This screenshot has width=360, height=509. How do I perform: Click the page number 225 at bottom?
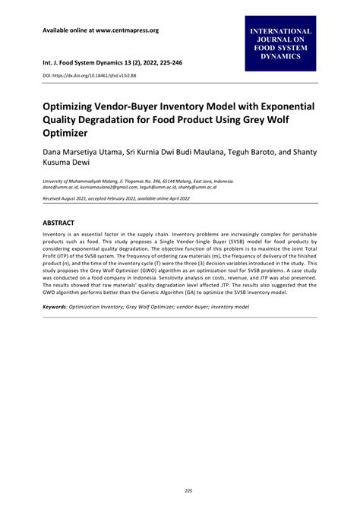[x=179, y=491]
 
